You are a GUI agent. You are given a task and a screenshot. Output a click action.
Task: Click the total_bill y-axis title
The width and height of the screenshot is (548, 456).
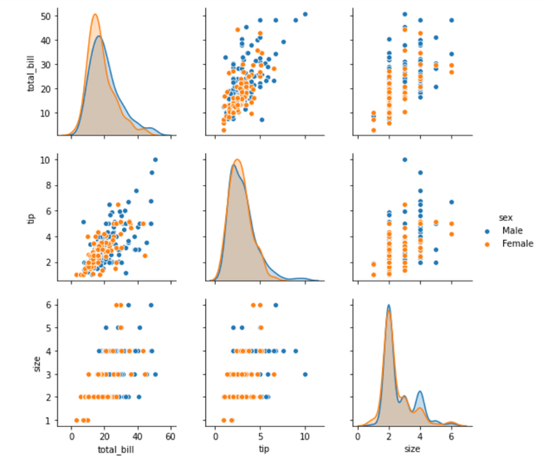point(32,72)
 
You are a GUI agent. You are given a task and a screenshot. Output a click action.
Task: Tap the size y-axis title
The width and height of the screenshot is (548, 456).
point(32,363)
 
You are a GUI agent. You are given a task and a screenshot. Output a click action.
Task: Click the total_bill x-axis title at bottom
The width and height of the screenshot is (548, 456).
point(115,449)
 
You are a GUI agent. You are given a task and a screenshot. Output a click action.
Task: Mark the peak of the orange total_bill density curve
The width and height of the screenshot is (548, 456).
point(95,14)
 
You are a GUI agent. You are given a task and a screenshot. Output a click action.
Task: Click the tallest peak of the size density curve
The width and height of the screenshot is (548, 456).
point(388,305)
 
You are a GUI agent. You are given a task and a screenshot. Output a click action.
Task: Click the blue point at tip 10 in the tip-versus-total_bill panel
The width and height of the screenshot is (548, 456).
point(155,159)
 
